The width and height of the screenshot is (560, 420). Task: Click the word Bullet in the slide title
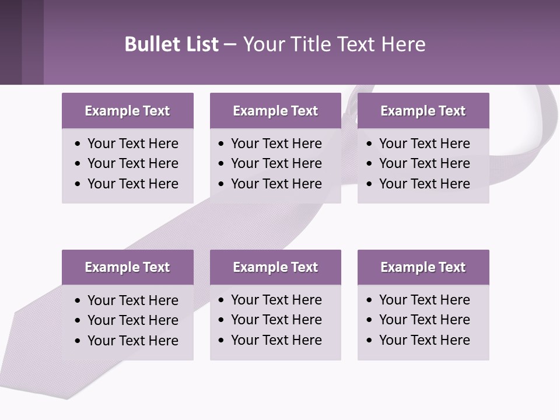click(x=148, y=44)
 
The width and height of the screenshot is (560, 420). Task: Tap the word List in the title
click(x=199, y=44)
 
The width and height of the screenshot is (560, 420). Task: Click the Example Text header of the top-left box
click(x=127, y=111)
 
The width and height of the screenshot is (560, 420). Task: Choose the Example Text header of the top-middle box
click(x=275, y=111)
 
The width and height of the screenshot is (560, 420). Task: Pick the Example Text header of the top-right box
click(x=423, y=111)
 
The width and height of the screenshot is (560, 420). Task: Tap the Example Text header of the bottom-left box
click(x=127, y=267)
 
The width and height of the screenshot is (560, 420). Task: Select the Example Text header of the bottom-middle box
click(x=275, y=267)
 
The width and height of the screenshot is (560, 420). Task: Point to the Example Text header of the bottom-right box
click(x=423, y=267)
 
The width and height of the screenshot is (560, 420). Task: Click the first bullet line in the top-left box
click(x=132, y=143)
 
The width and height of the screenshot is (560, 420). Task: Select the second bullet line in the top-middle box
click(x=276, y=163)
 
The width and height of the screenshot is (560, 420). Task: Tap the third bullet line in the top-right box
click(x=424, y=184)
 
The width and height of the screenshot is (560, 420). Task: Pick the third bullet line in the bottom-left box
click(x=132, y=341)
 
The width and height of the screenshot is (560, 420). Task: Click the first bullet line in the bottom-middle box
click(x=276, y=300)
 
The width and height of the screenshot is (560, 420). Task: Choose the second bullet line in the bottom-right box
click(x=424, y=320)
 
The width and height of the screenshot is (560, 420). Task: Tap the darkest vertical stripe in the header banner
click(x=10, y=42)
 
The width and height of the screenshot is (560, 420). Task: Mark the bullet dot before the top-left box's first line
click(x=78, y=144)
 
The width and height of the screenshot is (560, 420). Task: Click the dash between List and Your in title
click(x=230, y=44)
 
